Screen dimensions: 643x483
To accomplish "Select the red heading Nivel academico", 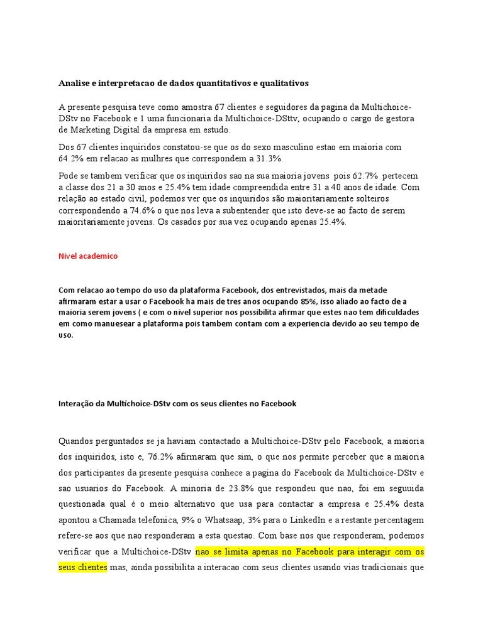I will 88,256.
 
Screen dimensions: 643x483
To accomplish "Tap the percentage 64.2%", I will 70,158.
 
